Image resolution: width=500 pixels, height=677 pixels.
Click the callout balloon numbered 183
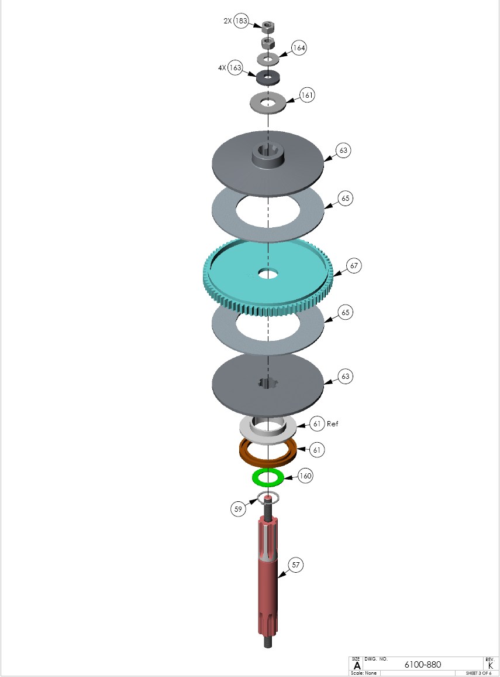tap(242, 20)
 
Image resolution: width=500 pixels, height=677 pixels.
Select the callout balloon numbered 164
tap(299, 47)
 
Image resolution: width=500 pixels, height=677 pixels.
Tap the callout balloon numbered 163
tap(235, 68)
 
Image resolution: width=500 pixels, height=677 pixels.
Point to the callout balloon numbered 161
tap(307, 95)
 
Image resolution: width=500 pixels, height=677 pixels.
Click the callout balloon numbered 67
tap(354, 265)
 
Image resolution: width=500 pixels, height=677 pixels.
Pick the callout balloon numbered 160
tap(305, 476)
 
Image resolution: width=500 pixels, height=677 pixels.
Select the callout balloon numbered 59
tap(239, 509)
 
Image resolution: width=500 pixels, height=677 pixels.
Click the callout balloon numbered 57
tap(296, 565)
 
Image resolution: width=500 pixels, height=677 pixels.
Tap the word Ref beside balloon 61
tap(332, 424)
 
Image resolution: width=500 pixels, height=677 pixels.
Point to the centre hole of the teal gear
tap(268, 273)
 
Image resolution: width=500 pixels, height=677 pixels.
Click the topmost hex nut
tap(268, 27)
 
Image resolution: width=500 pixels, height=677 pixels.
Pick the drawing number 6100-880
tap(422, 665)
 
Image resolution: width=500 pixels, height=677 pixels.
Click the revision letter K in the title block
tap(490, 666)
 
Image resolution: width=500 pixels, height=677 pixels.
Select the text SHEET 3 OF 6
tap(478, 673)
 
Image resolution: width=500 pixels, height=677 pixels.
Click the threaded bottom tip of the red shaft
tap(268, 642)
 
